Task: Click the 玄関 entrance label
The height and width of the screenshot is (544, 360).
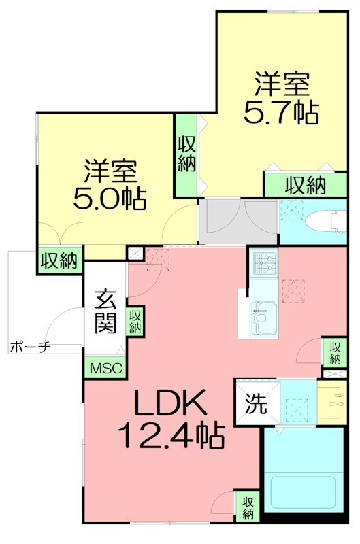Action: click(105, 311)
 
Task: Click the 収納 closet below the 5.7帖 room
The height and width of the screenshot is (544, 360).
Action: click(304, 184)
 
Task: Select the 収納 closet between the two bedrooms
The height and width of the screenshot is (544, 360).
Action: click(186, 154)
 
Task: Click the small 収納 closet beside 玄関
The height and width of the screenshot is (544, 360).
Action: click(135, 321)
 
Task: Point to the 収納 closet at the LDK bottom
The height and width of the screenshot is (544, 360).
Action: click(247, 507)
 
